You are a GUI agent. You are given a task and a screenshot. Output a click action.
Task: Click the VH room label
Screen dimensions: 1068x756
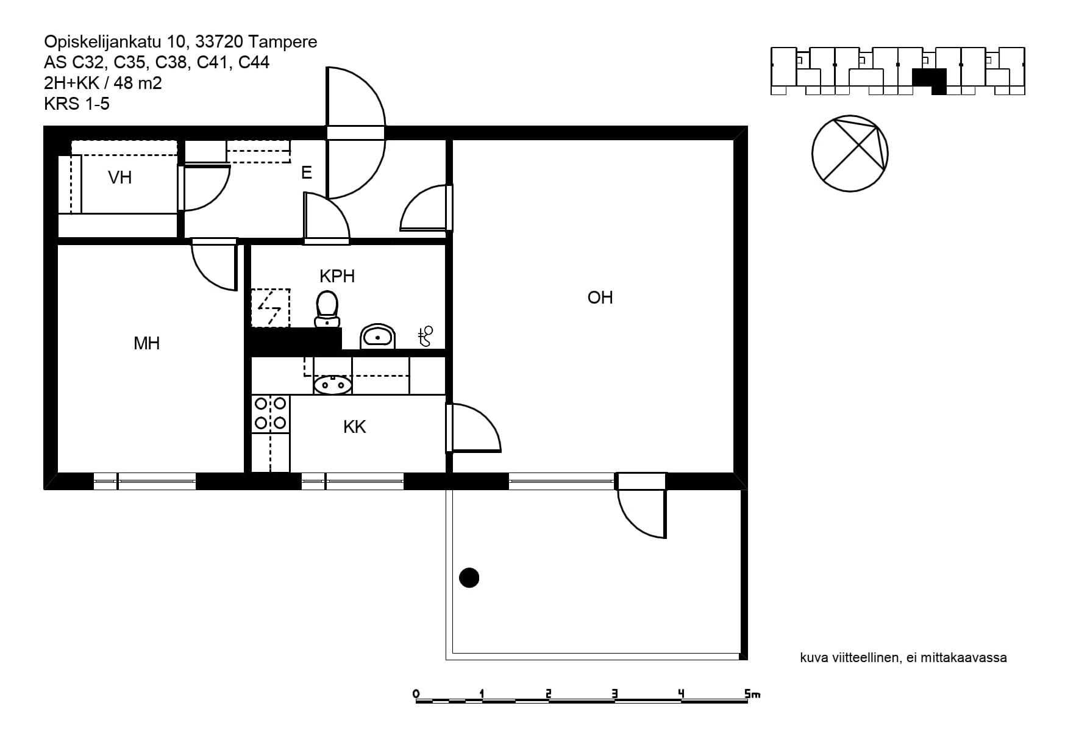[119, 177]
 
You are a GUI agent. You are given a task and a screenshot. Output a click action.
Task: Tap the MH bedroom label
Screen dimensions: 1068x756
[146, 343]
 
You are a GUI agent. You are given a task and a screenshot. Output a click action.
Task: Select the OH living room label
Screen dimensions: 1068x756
[600, 298]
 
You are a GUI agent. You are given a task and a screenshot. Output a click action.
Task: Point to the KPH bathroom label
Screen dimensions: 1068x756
[337, 276]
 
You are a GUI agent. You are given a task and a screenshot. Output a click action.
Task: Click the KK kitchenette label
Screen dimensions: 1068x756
[354, 427]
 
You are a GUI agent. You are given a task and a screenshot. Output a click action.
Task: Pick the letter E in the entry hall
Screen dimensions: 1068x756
[307, 173]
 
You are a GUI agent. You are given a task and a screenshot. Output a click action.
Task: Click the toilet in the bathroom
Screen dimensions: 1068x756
[327, 309]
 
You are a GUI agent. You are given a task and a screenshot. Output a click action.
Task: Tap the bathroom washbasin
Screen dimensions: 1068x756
[378, 336]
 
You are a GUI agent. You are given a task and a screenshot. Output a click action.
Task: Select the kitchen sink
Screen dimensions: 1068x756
[333, 385]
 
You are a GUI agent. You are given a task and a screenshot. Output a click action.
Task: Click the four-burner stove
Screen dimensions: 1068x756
[271, 413]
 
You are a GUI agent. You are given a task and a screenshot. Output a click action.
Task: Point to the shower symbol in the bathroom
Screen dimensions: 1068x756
[425, 336]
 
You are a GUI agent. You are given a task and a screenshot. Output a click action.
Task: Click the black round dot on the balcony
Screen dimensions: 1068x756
[469, 577]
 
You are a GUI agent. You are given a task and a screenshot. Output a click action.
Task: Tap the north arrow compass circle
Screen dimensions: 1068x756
[850, 154]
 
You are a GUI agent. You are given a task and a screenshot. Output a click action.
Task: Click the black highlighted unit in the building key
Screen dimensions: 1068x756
[930, 81]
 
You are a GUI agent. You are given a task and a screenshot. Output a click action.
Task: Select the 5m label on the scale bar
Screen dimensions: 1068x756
[752, 694]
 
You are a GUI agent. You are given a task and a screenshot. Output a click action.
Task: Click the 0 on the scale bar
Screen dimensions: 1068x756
[416, 694]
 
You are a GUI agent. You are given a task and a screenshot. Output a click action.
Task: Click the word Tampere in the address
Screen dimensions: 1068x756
[283, 41]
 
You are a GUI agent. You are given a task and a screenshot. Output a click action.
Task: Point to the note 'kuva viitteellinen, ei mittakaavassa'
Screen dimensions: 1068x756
[903, 658]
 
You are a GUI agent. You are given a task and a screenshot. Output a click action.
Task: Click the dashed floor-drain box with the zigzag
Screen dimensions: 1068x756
[271, 308]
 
